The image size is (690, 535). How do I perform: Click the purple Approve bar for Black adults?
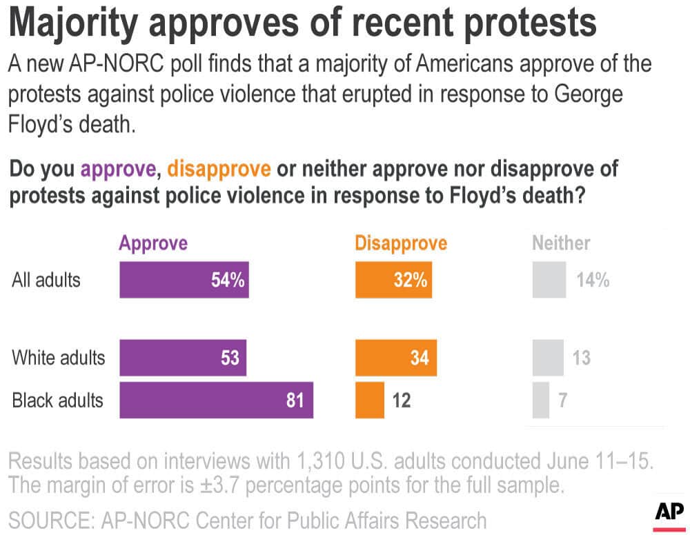(216, 400)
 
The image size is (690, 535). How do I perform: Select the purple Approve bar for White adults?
(183, 358)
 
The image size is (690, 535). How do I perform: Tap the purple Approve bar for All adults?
(184, 280)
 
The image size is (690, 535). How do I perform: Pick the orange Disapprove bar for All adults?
(393, 280)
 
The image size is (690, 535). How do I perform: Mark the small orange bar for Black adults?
(370, 400)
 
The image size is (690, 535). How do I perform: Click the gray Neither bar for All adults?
(549, 280)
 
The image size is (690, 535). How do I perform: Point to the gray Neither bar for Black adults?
(540, 400)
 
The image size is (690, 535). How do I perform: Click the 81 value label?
(295, 400)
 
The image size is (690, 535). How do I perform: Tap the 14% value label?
(592, 280)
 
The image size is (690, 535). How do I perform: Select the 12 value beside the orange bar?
(401, 400)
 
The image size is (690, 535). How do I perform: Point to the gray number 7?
(562, 400)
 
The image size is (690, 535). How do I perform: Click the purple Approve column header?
(153, 243)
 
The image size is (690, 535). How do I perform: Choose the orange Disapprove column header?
(401, 243)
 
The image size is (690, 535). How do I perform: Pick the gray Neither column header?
(561, 243)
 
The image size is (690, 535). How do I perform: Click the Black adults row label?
(57, 400)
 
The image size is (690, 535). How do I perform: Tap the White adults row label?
(59, 358)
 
